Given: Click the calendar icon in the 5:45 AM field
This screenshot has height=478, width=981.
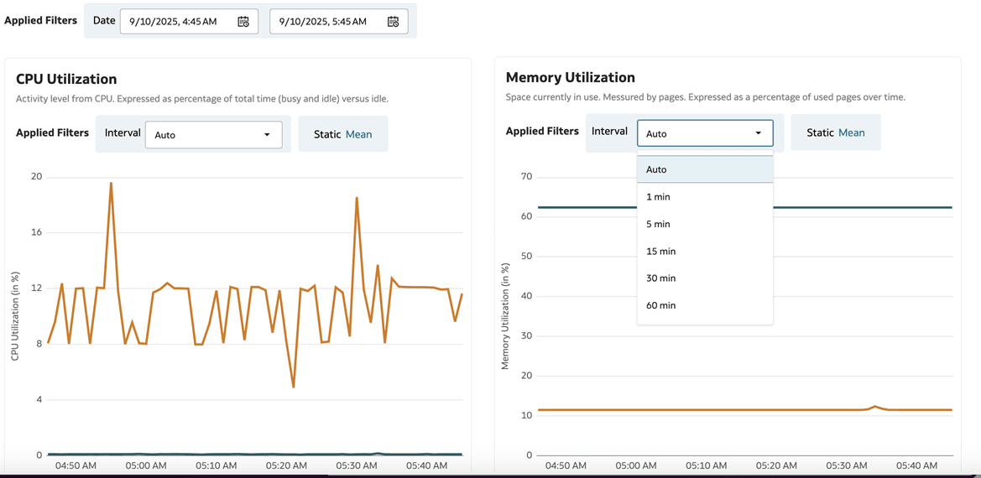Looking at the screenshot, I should click(x=393, y=22).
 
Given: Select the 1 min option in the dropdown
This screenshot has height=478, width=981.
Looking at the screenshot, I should click(x=658, y=197).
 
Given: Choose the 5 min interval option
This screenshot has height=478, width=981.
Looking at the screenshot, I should click(x=658, y=224).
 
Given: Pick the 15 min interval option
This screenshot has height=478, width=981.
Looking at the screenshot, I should click(x=660, y=252).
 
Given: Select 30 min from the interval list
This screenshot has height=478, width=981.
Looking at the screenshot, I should click(x=660, y=278).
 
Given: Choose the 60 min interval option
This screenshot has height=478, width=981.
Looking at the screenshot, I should click(x=660, y=305).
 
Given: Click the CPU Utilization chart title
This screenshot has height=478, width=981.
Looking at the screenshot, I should click(x=66, y=79).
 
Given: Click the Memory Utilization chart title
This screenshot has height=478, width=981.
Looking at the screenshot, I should click(x=570, y=77).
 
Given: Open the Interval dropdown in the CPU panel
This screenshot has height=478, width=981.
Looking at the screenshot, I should click(x=213, y=135).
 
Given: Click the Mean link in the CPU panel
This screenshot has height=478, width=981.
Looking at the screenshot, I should click(x=358, y=134).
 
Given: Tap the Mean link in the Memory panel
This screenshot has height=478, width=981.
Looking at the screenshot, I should click(x=851, y=132).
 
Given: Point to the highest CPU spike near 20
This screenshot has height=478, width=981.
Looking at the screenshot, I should click(x=111, y=184).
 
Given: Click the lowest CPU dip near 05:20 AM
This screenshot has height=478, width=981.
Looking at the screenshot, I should click(x=294, y=387).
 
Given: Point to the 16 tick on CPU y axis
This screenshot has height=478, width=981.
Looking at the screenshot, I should click(x=36, y=232).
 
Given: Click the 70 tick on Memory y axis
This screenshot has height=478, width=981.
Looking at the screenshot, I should click(x=526, y=177).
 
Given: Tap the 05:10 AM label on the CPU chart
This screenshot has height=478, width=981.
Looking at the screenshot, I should click(x=217, y=465).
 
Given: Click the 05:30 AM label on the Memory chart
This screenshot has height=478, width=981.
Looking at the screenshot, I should click(x=847, y=465).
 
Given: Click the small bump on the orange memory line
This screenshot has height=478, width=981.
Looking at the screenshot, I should click(x=874, y=407).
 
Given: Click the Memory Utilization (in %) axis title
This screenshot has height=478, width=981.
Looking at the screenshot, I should click(x=505, y=316).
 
